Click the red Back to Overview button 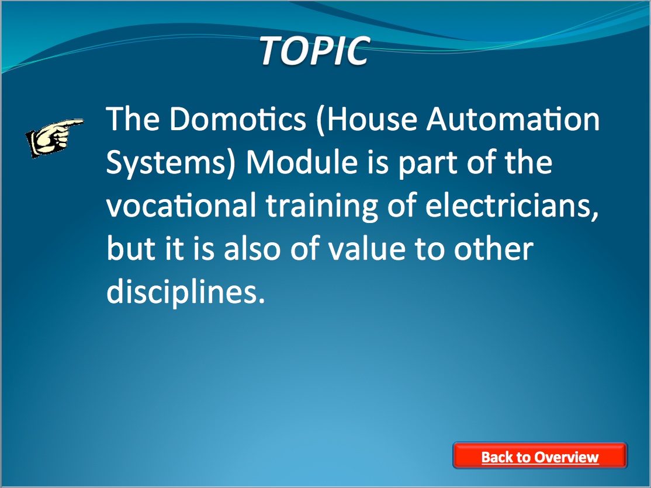coord(540,456)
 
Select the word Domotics coord(238,119)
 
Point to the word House coord(366,119)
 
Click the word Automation coord(514,119)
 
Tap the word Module coord(302,162)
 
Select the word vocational coord(181,205)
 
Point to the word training coord(322,207)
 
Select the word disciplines coord(186,292)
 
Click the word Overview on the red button coord(566,457)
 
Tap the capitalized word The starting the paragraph coord(133,119)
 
